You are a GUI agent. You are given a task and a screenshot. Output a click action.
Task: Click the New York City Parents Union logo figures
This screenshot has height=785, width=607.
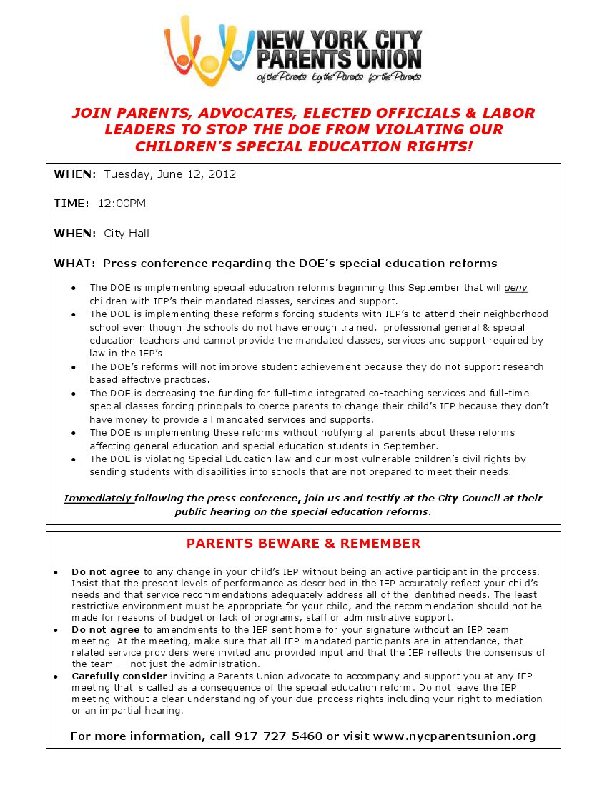tap(208, 50)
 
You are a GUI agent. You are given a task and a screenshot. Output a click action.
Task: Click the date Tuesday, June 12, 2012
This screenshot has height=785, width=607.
tap(169, 174)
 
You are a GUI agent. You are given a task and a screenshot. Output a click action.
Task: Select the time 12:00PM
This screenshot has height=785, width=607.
tap(122, 204)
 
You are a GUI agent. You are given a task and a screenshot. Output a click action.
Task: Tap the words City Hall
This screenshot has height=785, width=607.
tap(127, 234)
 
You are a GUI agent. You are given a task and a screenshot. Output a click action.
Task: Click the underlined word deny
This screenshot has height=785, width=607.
tap(515, 288)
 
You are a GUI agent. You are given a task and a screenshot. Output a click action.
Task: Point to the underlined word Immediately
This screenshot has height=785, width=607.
tap(98, 498)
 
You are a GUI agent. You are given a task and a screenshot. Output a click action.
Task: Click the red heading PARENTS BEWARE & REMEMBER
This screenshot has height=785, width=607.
tap(303, 544)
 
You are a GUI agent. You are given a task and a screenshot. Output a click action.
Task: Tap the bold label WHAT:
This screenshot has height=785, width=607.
tap(74, 264)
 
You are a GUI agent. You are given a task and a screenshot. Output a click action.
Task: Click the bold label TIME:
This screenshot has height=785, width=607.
tap(71, 204)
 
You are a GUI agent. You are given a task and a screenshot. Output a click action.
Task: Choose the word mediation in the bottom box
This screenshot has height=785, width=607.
tap(512, 699)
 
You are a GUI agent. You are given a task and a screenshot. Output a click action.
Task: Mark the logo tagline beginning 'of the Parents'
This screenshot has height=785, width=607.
tap(339, 77)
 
